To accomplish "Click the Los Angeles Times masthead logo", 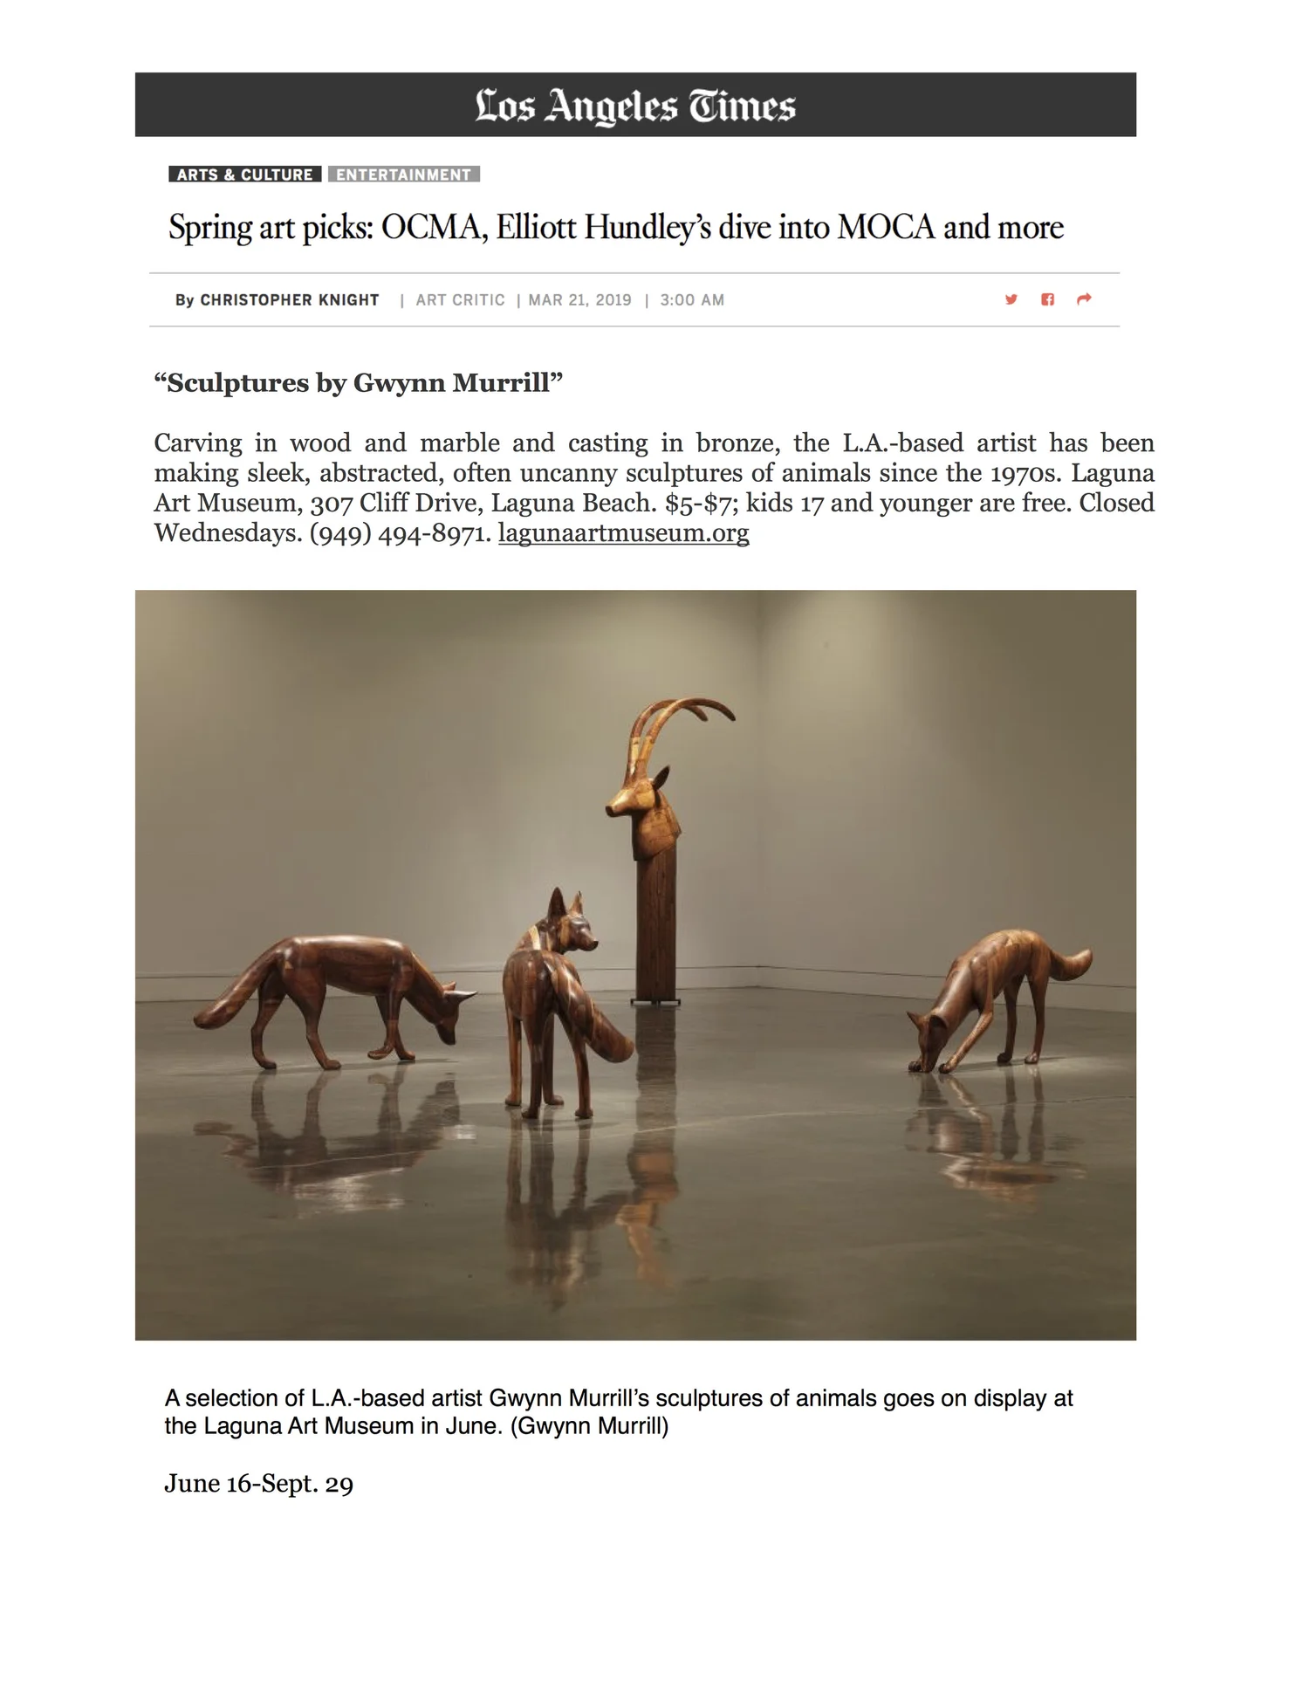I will [x=635, y=106].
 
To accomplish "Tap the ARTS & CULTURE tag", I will [x=244, y=175].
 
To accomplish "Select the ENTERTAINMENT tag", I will [x=403, y=175].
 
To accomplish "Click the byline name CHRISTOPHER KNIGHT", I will [x=290, y=300].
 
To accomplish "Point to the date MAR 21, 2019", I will [x=579, y=300].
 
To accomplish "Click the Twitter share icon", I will [x=1011, y=299].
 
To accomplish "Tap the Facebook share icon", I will [x=1047, y=299].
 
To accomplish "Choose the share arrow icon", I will [x=1084, y=299].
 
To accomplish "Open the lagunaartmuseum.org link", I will [x=623, y=533].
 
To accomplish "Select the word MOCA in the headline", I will [x=886, y=228].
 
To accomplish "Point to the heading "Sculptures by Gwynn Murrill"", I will [x=359, y=383].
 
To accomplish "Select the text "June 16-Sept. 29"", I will [x=259, y=1484].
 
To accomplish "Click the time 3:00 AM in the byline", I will [x=692, y=300].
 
